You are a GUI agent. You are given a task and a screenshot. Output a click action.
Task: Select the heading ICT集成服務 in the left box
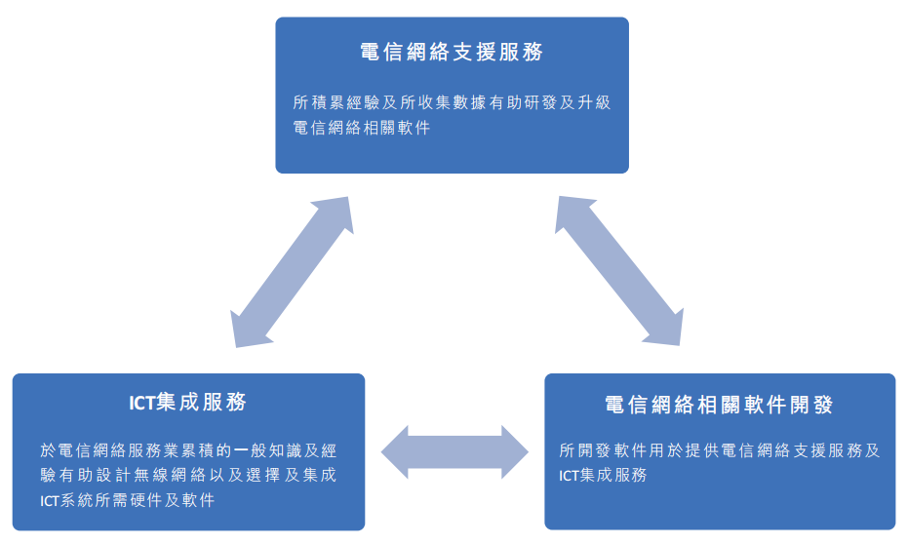pyautogui.click(x=187, y=402)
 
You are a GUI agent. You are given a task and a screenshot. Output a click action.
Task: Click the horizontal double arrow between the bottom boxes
pyautogui.click(x=454, y=452)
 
